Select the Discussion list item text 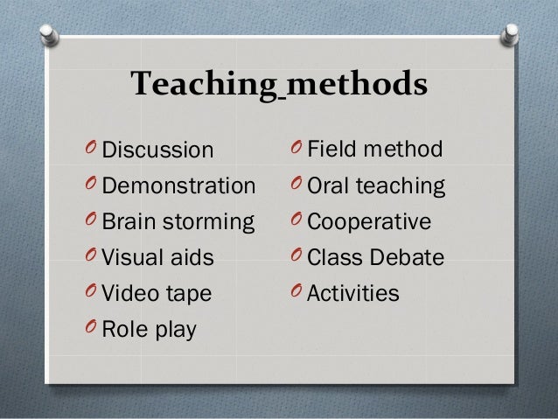click(x=158, y=150)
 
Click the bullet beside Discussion click(x=90, y=150)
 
